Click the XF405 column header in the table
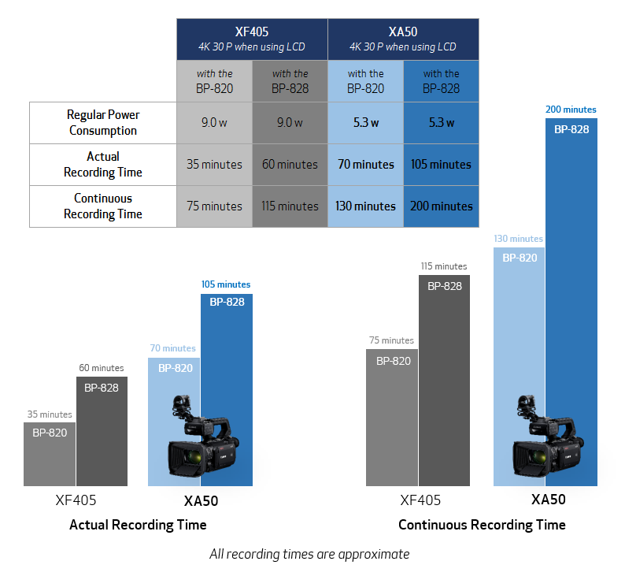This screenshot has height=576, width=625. click(x=252, y=39)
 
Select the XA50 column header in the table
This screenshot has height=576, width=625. click(x=403, y=39)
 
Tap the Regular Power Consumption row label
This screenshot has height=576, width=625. click(x=103, y=122)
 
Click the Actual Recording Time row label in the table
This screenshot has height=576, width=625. click(x=103, y=165)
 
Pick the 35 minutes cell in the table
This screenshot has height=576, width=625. click(x=214, y=165)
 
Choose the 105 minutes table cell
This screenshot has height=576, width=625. click(x=441, y=165)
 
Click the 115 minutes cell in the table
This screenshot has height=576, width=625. click(x=290, y=206)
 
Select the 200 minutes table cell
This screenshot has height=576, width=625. click(x=441, y=206)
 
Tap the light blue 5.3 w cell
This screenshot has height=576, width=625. click(x=365, y=122)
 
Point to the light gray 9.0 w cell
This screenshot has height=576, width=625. click(x=214, y=122)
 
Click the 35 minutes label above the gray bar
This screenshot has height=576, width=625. click(x=50, y=414)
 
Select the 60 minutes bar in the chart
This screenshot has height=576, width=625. click(x=102, y=431)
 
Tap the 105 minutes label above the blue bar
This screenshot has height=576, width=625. click(x=226, y=284)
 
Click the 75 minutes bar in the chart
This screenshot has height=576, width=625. click(x=392, y=418)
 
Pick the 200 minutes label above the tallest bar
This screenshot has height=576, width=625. click(x=571, y=110)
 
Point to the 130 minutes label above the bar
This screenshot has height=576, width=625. click(x=518, y=239)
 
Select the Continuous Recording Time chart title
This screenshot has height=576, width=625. click(x=482, y=525)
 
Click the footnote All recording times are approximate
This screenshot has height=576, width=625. click(x=309, y=554)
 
